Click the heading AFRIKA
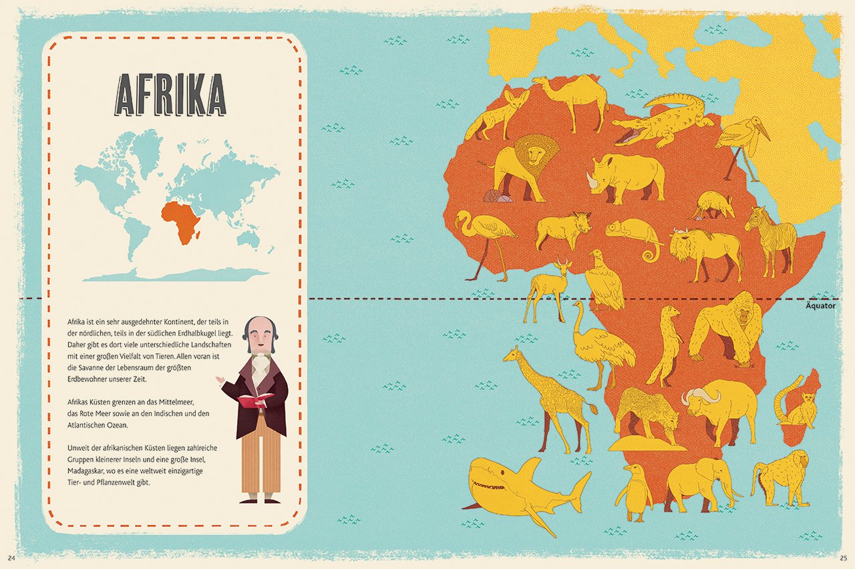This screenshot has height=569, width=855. tap(171, 95)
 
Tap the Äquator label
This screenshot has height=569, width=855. tap(820, 306)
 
